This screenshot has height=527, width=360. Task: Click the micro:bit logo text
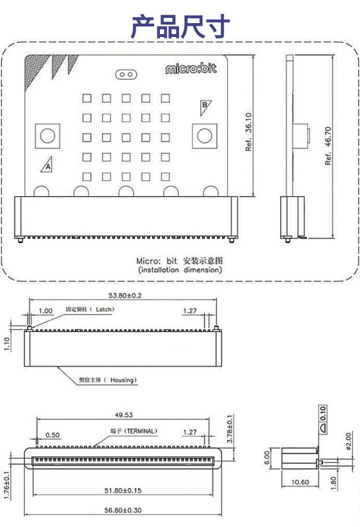(191, 69)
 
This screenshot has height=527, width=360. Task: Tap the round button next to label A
(47, 136)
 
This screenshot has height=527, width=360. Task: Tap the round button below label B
(205, 136)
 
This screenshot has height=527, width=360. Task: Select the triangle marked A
(47, 165)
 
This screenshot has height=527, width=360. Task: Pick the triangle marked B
(205, 107)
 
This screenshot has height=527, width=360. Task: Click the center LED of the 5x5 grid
(126, 138)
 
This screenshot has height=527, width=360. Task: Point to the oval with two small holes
(126, 74)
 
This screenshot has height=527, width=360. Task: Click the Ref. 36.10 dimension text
(248, 132)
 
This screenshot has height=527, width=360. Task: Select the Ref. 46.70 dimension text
(328, 146)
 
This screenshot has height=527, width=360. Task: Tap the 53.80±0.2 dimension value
(125, 295)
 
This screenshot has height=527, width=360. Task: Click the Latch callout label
(90, 309)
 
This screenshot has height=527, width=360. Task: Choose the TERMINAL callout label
(134, 431)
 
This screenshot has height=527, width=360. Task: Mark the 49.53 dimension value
(124, 415)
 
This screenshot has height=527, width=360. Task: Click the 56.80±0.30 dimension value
(123, 510)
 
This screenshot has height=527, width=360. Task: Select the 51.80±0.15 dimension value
(123, 490)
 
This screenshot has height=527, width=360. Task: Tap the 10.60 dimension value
(300, 482)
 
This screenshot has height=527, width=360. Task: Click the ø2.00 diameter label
(348, 441)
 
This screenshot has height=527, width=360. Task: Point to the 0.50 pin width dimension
(53, 435)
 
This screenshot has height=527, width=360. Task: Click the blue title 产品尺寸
(180, 26)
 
